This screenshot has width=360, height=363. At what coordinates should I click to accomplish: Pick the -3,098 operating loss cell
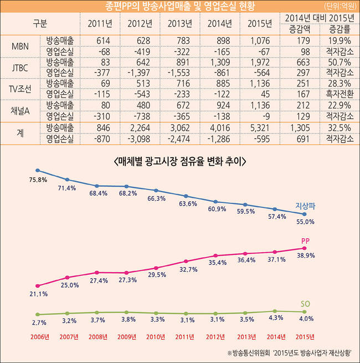point(140,137)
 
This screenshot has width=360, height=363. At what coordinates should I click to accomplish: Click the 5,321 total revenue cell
point(260,127)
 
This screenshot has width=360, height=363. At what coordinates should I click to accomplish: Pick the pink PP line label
point(305,241)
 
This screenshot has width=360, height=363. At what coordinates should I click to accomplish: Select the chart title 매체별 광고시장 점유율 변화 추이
point(179,161)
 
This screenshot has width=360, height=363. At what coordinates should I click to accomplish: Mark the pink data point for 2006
point(37,285)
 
